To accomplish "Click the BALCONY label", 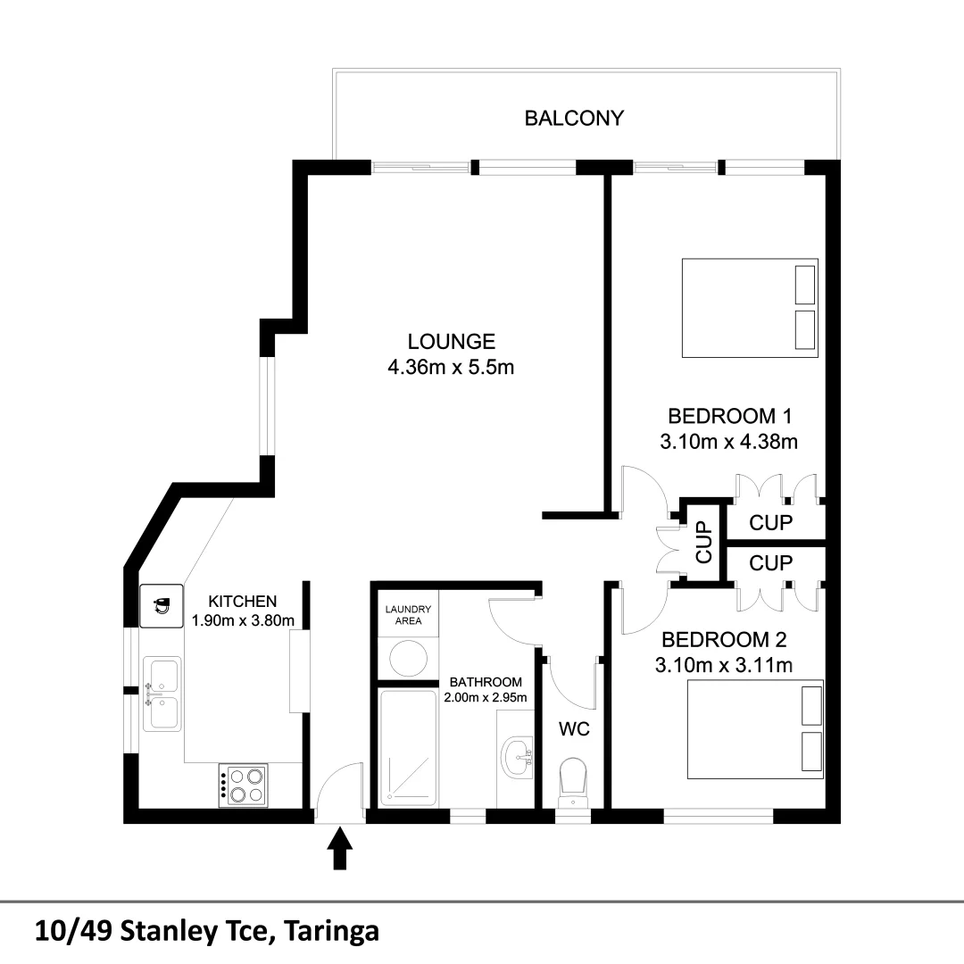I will [x=574, y=118].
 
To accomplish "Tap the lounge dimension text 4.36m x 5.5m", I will [x=451, y=367].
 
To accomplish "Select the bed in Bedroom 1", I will [x=750, y=308].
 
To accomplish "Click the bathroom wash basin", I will [x=517, y=758].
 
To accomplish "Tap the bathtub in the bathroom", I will [x=407, y=746].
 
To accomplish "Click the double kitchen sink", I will [x=162, y=694].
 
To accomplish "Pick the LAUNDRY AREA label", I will [x=408, y=615].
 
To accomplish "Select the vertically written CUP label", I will [x=704, y=542].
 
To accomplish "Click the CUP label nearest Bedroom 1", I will [x=771, y=523].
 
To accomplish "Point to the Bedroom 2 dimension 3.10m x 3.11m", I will [x=724, y=665].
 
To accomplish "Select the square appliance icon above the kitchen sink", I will [x=161, y=606].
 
